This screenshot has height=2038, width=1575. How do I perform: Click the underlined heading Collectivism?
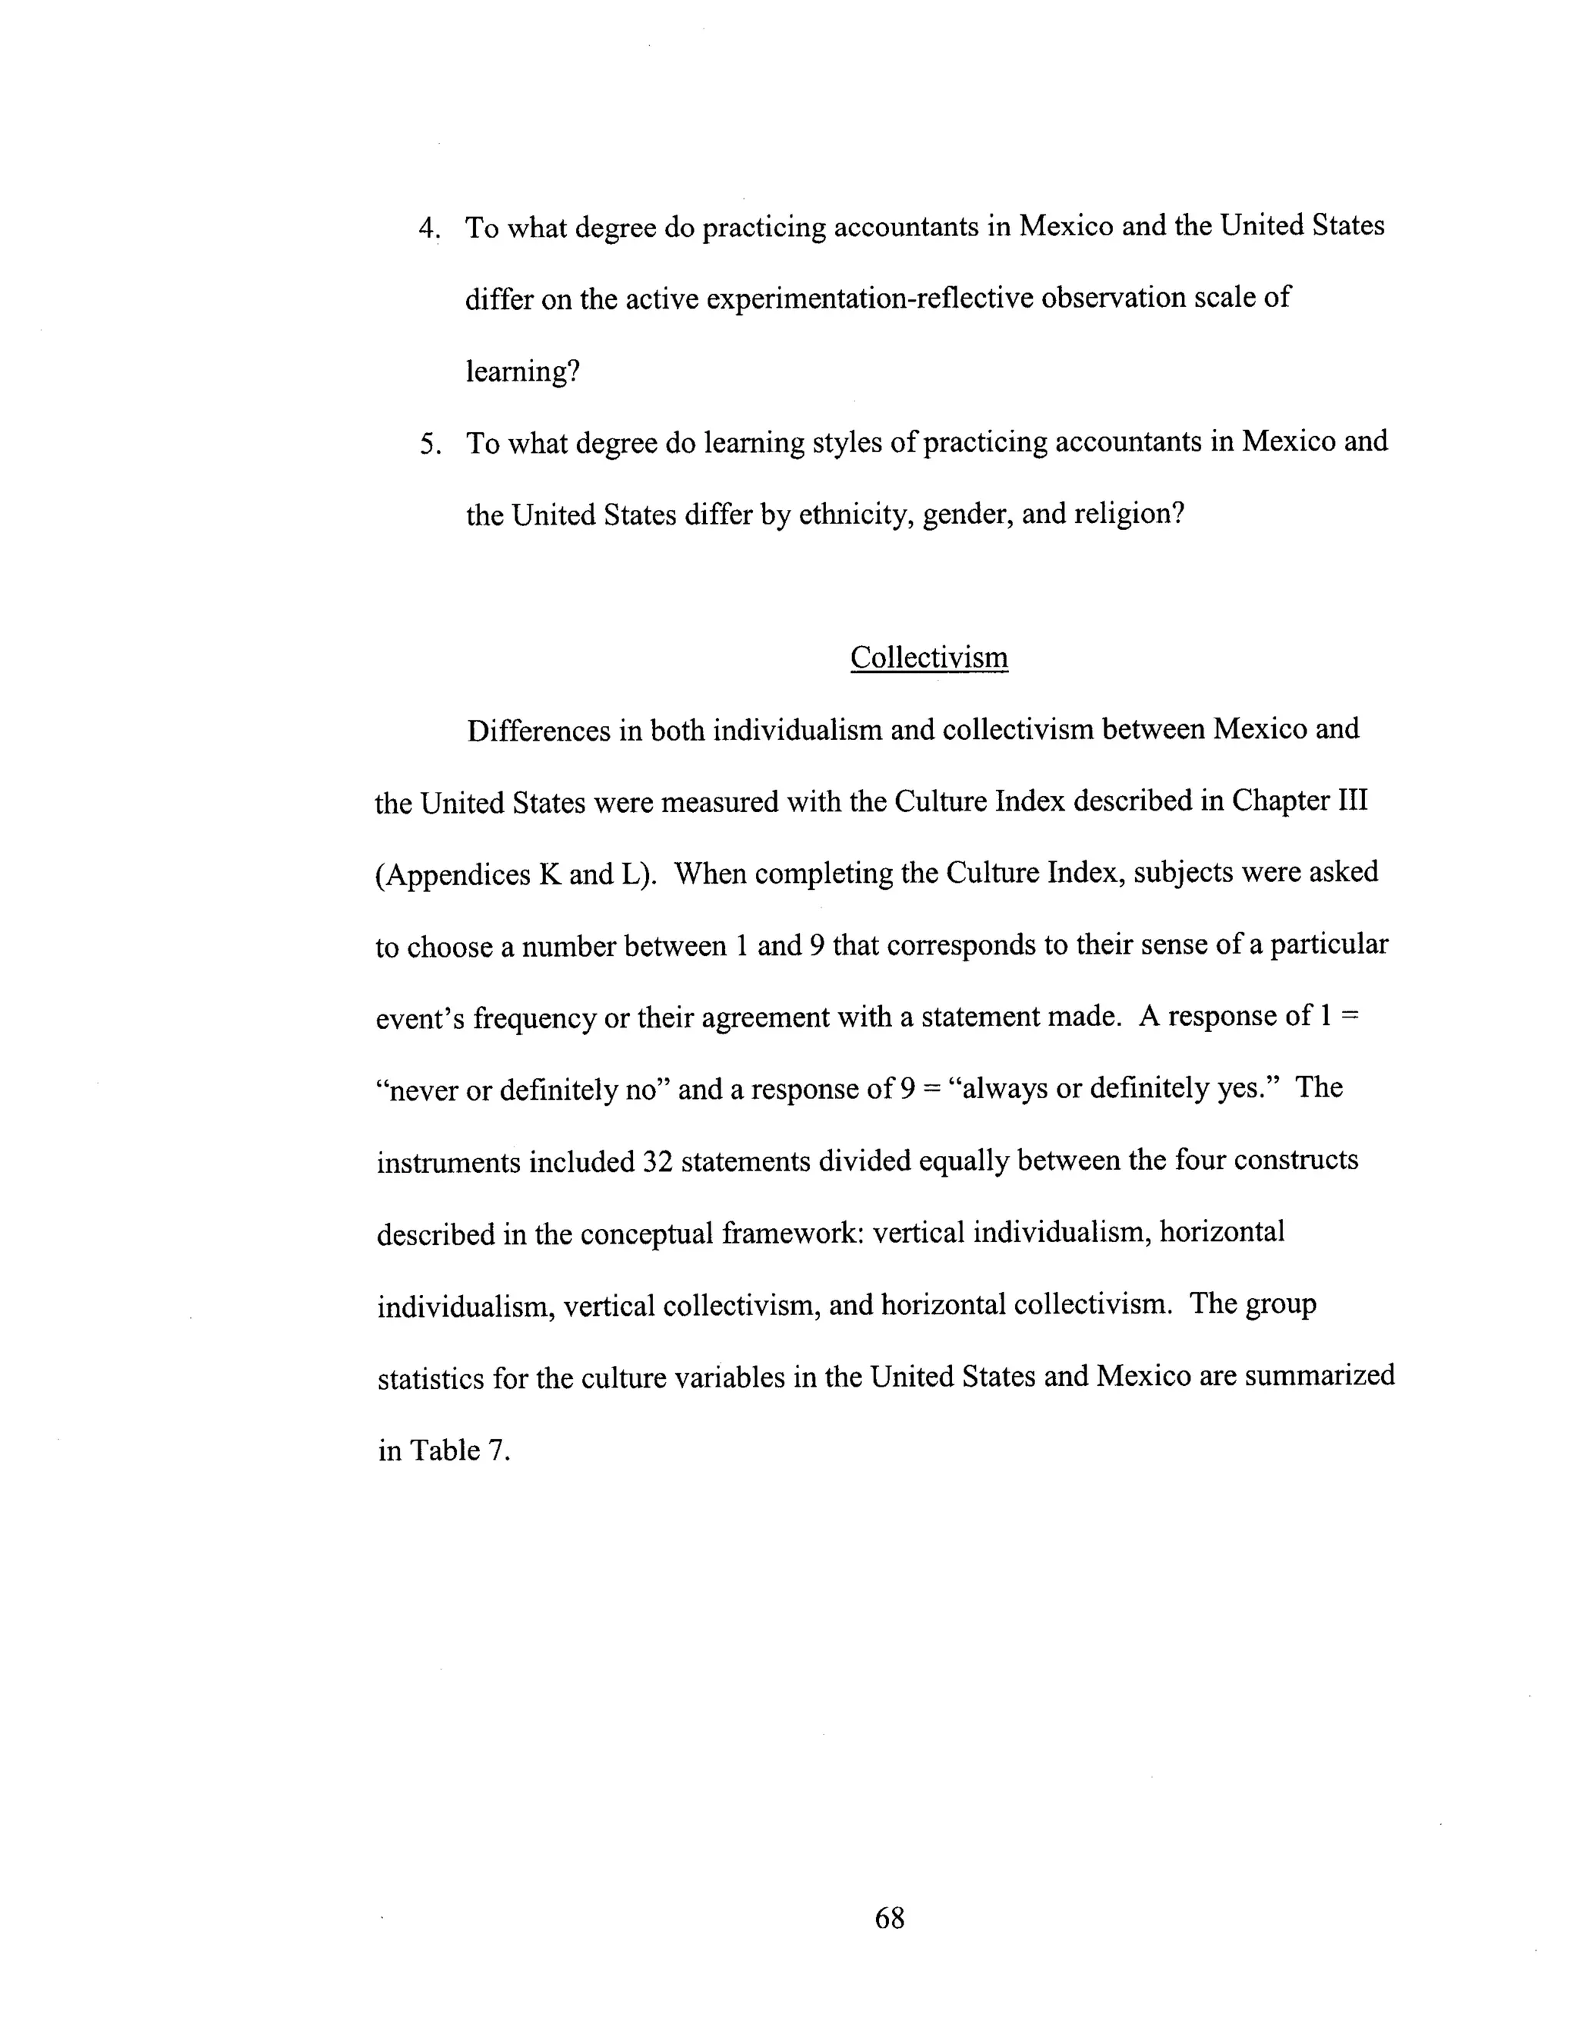pos(928,657)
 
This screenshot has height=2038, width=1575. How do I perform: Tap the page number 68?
pos(889,1917)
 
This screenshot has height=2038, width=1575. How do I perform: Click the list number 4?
pos(428,228)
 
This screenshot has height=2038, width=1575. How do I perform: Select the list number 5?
pos(429,443)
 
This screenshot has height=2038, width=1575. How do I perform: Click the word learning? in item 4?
pos(522,371)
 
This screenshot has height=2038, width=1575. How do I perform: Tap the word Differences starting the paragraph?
pos(538,730)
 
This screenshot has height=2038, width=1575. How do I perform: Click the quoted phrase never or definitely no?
pos(522,1089)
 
